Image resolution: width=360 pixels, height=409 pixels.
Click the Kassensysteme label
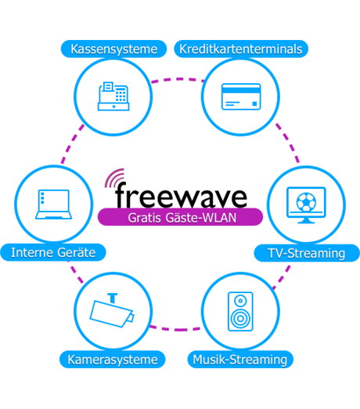point(113,49)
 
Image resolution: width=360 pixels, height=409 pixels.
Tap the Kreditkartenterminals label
point(241,49)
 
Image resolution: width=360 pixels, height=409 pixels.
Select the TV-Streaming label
point(307,253)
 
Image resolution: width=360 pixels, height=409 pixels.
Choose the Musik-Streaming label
point(240,360)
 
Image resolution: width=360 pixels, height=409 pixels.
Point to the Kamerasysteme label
point(113,360)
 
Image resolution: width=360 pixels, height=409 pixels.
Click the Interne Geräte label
point(53,252)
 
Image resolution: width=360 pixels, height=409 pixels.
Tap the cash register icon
point(113,96)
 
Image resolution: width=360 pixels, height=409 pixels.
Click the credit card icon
point(241,96)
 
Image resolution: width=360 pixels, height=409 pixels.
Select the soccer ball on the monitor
point(306,202)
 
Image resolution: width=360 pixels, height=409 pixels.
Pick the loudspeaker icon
point(240,311)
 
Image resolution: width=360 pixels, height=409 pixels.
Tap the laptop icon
point(53,204)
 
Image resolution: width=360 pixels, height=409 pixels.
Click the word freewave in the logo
point(181,195)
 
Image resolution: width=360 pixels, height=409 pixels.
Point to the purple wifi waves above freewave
point(113,178)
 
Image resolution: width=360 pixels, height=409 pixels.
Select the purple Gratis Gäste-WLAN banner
point(180,217)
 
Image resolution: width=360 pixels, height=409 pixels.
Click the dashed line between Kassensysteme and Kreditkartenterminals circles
point(178,79)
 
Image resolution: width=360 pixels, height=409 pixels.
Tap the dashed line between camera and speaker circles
point(175,328)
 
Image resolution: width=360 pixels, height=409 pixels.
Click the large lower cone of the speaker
point(240,318)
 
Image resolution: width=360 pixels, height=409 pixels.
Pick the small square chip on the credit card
point(254,103)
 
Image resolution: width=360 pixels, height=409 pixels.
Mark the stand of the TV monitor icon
point(306,221)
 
